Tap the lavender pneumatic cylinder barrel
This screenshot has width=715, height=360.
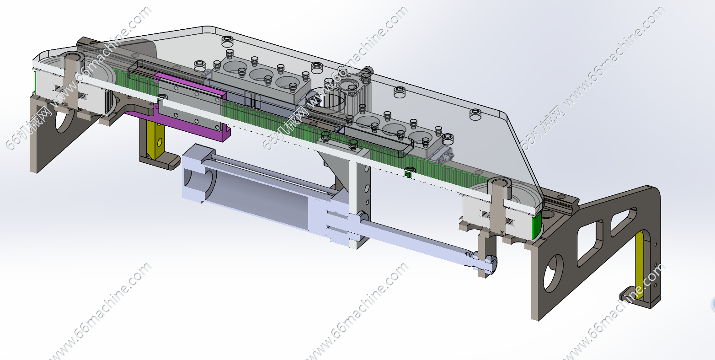tap(259, 195)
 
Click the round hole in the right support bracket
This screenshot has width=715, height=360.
tap(553, 273)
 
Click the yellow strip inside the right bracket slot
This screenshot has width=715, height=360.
tap(640, 265)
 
